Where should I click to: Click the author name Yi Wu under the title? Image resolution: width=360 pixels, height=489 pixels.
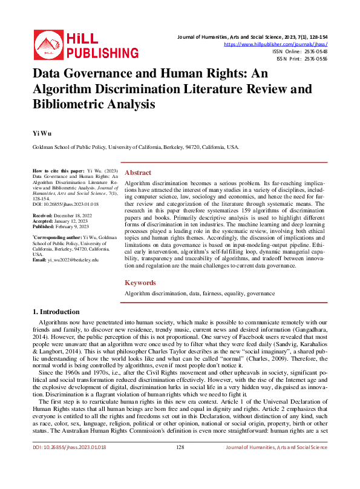38,131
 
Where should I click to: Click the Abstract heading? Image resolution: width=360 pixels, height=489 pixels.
137,172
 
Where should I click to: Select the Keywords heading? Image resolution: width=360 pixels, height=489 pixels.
140,283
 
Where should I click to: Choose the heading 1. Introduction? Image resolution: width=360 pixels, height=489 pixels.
55,312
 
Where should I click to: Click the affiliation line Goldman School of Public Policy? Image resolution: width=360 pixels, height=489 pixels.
136,147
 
